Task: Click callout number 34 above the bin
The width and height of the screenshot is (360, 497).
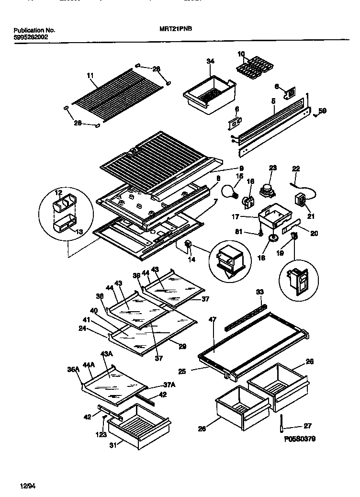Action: coord(211,61)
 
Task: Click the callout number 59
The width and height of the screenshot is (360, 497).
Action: coord(323,112)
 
